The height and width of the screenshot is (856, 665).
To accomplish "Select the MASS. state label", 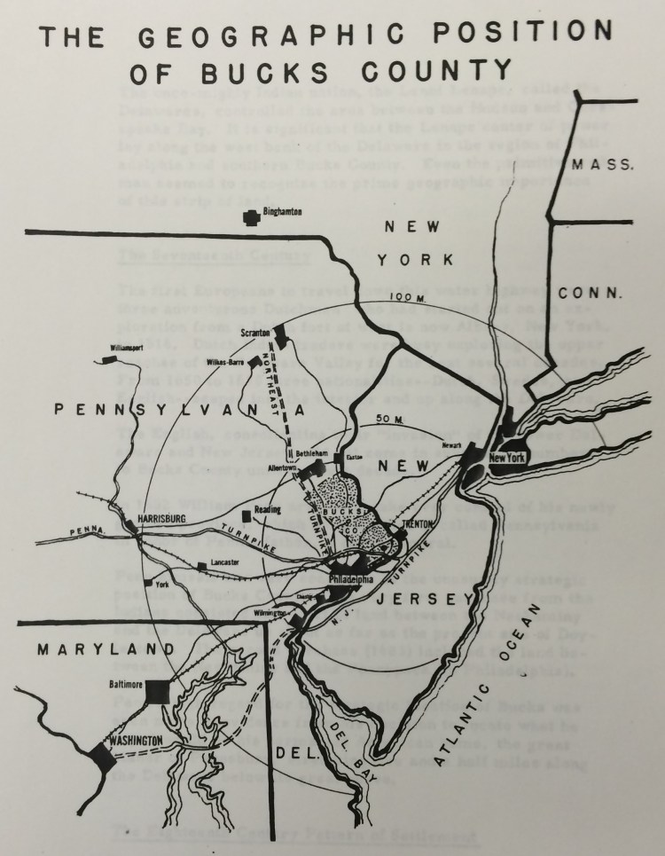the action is (x=593, y=163).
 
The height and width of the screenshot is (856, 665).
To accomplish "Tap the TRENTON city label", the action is (x=416, y=524).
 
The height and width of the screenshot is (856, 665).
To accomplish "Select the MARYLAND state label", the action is (x=89, y=650).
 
